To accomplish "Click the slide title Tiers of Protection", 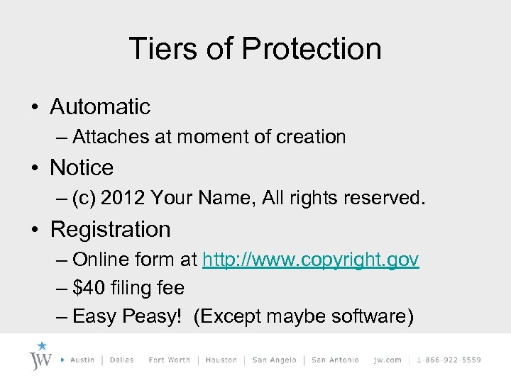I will tap(255, 49).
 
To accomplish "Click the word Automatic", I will tap(100, 107).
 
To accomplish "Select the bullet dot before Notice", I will tap(34, 169).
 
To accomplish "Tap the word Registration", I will tap(111, 230).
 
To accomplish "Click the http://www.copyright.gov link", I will tap(311, 260).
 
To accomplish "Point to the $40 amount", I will tap(88, 288).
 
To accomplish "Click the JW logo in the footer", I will tap(41, 357).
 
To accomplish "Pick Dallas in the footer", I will tap(122, 360).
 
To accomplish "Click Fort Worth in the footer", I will tap(170, 360).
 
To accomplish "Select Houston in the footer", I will tap(221, 360).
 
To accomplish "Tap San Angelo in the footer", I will tap(275, 360).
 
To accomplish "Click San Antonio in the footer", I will tap(335, 360).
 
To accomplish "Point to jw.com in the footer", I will tap(388, 360).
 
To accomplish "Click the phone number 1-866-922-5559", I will tap(449, 360).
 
